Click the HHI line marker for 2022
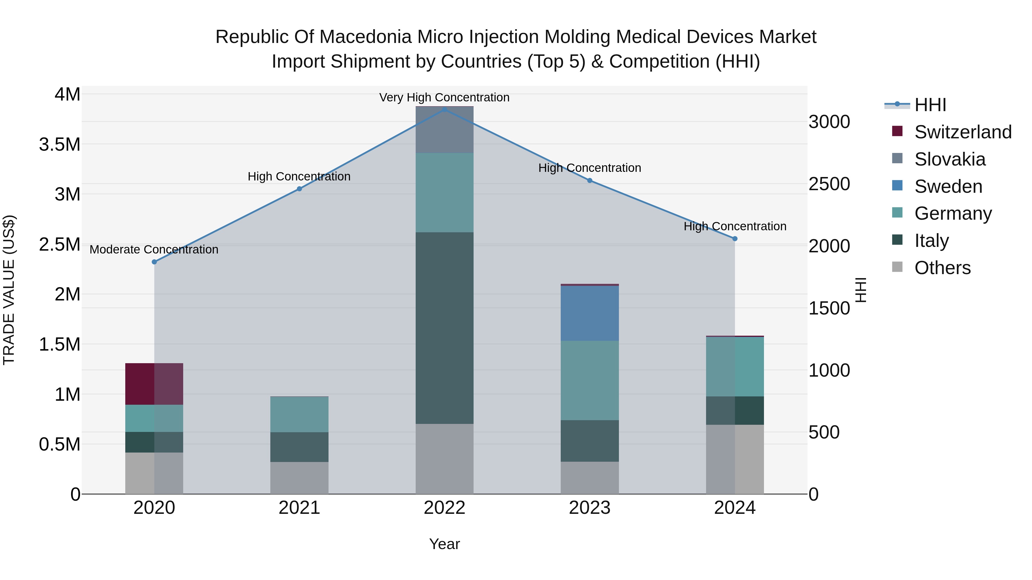(444, 109)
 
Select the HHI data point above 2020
(154, 262)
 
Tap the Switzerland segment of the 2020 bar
(154, 384)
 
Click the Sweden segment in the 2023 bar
(589, 313)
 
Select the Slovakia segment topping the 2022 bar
(444, 130)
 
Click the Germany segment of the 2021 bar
(299, 414)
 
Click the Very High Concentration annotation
(444, 98)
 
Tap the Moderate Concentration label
(154, 250)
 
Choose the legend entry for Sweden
(948, 186)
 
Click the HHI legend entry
(930, 105)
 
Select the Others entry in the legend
(942, 268)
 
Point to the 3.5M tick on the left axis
(60, 145)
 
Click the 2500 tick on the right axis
(829, 184)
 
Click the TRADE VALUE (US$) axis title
(9, 290)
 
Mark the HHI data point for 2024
(735, 239)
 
